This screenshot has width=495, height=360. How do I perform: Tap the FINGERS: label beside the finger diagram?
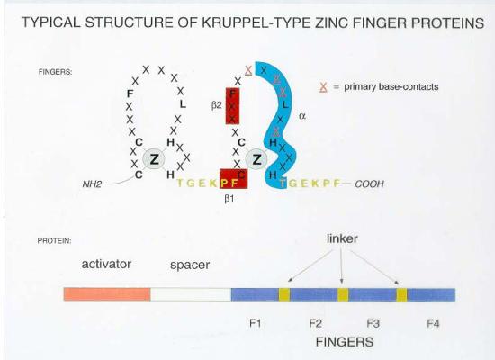point(55,72)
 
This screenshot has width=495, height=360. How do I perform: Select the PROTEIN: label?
point(54,241)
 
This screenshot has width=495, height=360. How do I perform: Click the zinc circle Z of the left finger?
point(154,158)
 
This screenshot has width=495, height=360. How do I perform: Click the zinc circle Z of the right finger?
point(256,159)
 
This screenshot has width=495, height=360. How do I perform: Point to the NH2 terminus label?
point(92,184)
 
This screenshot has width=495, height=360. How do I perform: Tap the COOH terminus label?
point(369,184)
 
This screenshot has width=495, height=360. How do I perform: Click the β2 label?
point(217,105)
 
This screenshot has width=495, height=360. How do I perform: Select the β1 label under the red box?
point(229,199)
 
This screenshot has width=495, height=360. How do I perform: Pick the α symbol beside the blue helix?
point(302,116)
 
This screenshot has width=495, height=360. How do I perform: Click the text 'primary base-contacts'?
point(391,86)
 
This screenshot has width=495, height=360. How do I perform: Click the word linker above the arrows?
point(342,238)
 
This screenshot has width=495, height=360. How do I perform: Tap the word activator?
point(106,264)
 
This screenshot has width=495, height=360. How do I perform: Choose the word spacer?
point(190,265)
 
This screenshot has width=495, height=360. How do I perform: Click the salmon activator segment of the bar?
point(107,294)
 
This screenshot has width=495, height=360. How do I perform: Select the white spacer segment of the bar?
point(191,294)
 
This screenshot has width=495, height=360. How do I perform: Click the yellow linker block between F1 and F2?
point(284,294)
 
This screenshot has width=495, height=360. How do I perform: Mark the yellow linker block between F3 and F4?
point(401,295)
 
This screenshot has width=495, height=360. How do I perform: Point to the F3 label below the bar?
point(373,323)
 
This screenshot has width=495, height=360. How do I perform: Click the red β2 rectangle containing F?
point(232,106)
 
